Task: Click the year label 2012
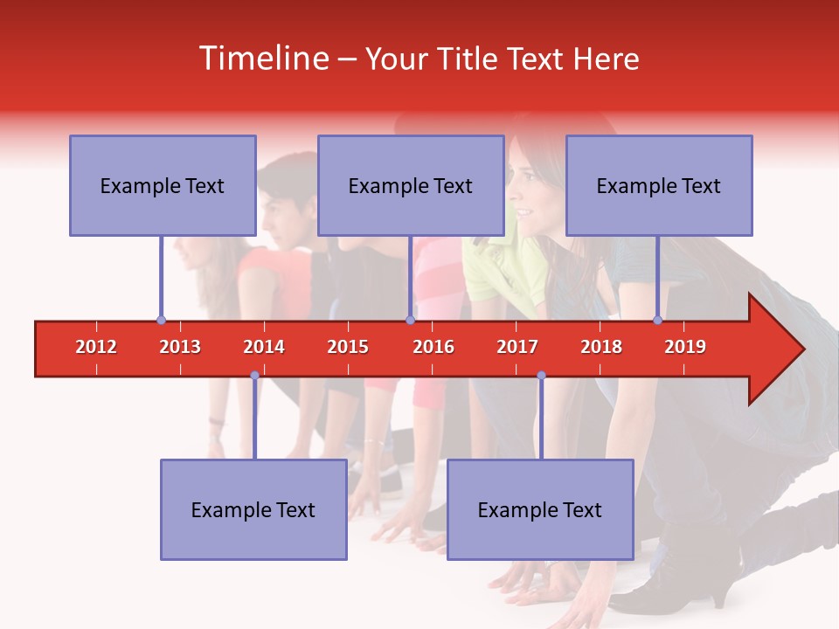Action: point(96,347)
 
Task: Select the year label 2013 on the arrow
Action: point(180,347)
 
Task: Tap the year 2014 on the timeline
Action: point(264,347)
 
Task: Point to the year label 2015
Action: point(348,347)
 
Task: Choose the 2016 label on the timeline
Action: point(433,347)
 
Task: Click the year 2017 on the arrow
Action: point(517,347)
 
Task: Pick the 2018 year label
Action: point(601,347)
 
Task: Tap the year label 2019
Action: point(685,347)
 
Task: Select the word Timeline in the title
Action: point(262,59)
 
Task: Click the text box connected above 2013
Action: point(163,185)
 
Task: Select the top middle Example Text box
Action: point(411,185)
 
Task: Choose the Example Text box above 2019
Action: point(659,185)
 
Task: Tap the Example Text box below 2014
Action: point(253,509)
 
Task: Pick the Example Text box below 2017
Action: point(540,509)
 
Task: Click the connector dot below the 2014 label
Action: point(254,376)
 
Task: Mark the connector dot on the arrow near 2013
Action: point(161,321)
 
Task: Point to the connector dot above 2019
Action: point(658,321)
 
